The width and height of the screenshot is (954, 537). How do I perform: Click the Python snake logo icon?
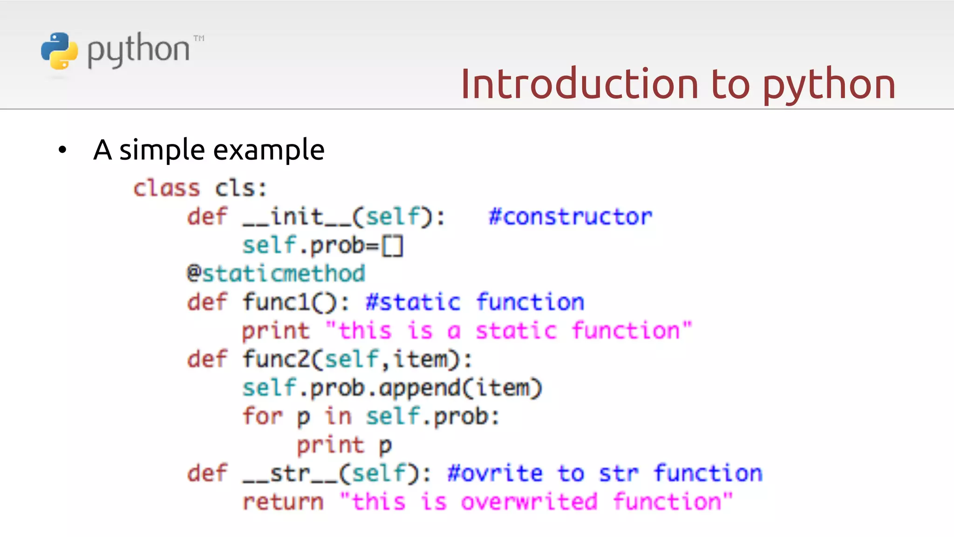point(59,51)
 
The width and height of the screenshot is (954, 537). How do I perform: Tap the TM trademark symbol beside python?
point(199,38)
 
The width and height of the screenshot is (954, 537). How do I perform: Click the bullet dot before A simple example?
point(62,150)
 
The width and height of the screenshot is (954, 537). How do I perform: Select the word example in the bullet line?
point(268,150)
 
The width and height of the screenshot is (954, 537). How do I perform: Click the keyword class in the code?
point(166,188)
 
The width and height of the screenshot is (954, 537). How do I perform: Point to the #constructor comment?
point(570,217)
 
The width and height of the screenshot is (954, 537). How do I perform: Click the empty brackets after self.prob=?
point(392,246)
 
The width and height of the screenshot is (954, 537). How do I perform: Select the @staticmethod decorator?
point(276,274)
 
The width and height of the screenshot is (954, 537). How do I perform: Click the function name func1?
point(276,302)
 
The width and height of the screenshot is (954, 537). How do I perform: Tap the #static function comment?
point(475,302)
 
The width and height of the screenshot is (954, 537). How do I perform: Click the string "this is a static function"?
point(509,331)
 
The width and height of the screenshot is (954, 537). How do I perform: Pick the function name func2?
point(276,359)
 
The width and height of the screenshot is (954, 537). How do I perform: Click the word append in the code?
point(419,388)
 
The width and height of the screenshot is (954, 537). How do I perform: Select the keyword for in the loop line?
point(262,416)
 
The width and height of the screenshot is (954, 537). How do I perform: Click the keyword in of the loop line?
point(338,416)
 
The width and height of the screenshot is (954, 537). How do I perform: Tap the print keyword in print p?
point(330,445)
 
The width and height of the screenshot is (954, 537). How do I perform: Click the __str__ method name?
point(290,473)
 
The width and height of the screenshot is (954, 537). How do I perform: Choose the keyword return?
point(283,502)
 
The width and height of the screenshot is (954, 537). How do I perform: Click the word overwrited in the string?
point(529,502)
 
